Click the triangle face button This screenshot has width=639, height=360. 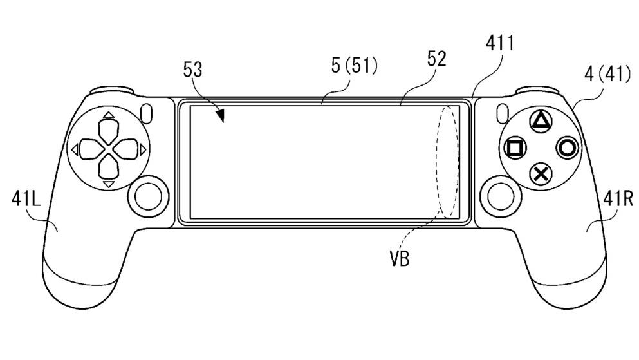[541, 121]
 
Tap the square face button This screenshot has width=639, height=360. [515, 147]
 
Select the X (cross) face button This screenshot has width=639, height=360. [541, 173]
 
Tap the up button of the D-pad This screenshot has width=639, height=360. [108, 128]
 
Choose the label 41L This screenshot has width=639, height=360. [26, 200]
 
